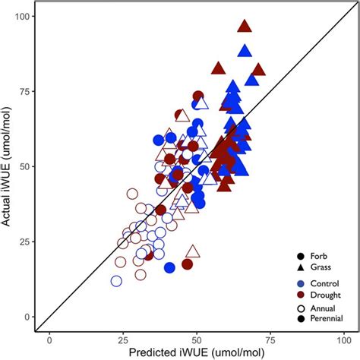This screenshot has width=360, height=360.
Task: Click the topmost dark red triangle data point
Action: point(244,27)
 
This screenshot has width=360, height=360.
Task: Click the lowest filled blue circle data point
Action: point(169,267)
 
